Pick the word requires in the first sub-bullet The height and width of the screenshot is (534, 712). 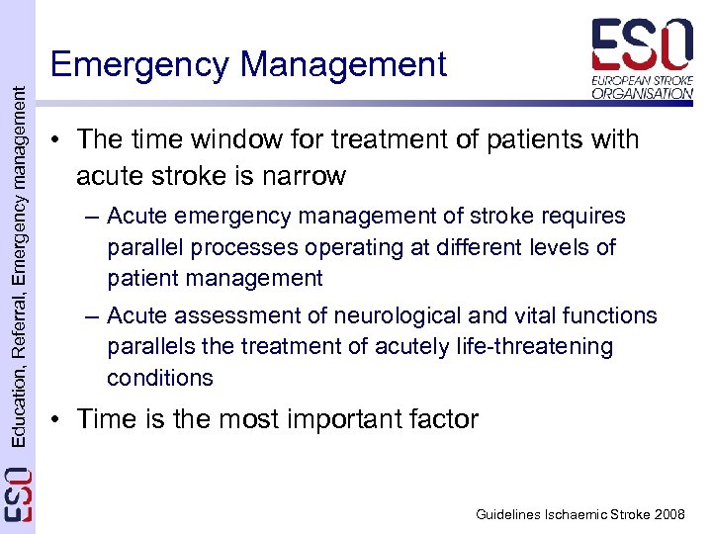[x=580, y=216]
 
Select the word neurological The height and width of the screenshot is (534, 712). [x=382, y=315]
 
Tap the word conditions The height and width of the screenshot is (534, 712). [x=160, y=378]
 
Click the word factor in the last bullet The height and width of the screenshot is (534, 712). [x=435, y=419]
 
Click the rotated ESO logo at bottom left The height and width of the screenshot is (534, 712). [x=18, y=494]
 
